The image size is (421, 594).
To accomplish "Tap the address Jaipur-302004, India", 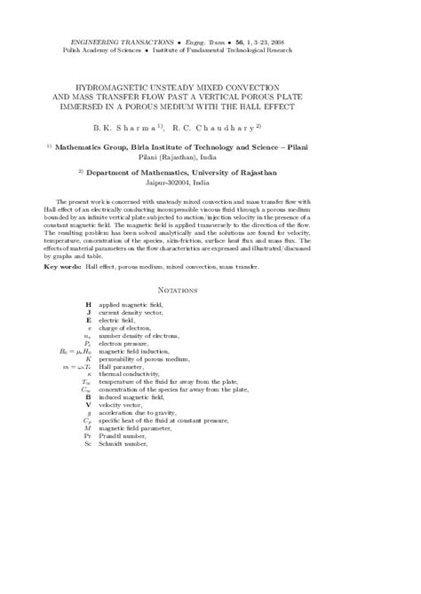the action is coord(210,181).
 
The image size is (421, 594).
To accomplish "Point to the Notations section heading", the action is coord(210,289).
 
